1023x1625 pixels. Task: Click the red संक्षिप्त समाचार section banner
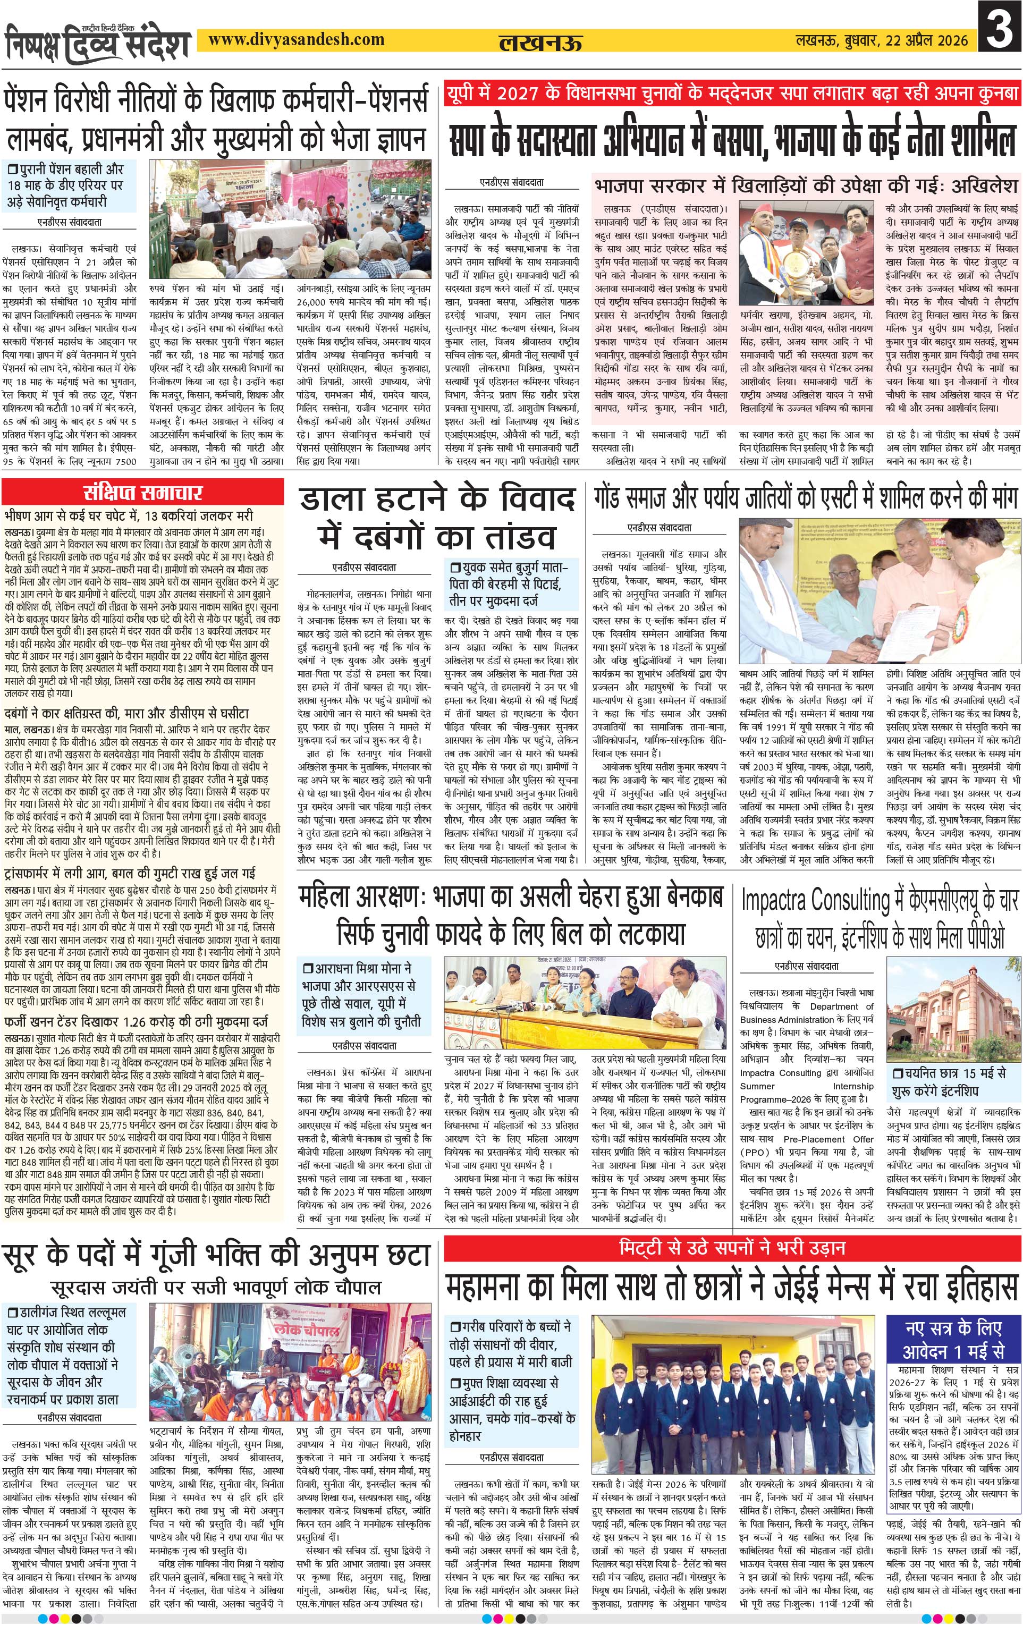(142, 492)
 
